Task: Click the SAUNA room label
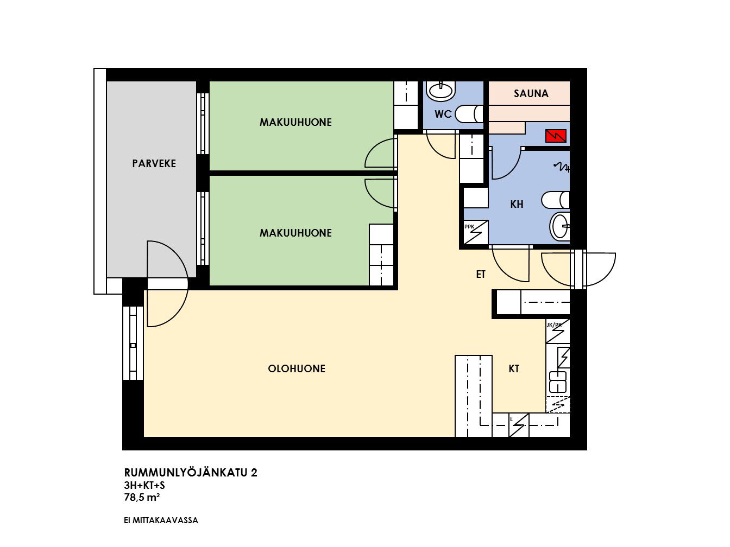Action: tap(531, 93)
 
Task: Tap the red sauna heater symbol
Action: tap(556, 136)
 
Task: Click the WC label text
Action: tap(443, 115)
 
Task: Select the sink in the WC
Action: tap(440, 90)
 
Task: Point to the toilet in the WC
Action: tap(469, 114)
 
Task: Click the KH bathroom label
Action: tap(517, 204)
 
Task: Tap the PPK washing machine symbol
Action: tap(476, 232)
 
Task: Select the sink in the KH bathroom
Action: tap(560, 226)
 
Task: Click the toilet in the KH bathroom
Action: tap(556, 200)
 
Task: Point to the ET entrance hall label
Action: tap(481, 275)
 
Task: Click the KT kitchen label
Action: tap(514, 368)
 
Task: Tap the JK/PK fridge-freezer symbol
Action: tap(558, 331)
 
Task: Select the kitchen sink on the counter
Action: tap(558, 382)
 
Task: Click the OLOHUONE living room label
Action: tap(297, 368)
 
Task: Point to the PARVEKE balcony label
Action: tap(154, 163)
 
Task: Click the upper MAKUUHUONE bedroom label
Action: tap(295, 122)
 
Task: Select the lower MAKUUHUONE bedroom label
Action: tap(295, 233)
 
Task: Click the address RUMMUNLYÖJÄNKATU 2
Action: tap(191, 473)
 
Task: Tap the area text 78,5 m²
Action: tap(142, 498)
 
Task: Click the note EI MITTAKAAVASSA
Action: tap(161, 520)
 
